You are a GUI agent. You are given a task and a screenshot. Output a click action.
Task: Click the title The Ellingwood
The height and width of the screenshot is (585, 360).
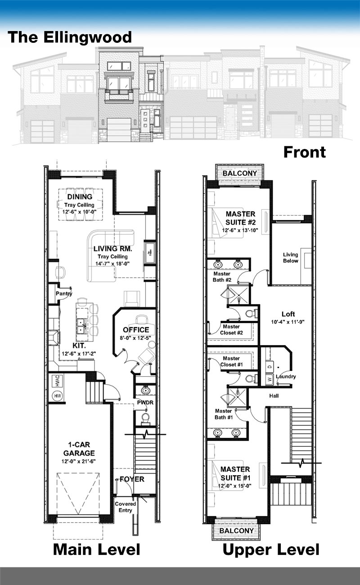click(69, 37)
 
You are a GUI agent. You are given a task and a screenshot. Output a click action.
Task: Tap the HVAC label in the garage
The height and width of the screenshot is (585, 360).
click(58, 381)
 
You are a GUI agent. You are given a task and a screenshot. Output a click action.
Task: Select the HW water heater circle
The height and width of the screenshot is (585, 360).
click(58, 396)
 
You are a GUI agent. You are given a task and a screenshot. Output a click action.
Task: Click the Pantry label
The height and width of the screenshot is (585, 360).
click(64, 294)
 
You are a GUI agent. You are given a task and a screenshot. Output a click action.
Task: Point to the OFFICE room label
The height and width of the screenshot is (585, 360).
click(136, 330)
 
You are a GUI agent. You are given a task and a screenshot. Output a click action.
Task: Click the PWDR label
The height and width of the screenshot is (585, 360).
click(145, 402)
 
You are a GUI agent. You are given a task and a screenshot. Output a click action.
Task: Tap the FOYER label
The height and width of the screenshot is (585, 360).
click(132, 479)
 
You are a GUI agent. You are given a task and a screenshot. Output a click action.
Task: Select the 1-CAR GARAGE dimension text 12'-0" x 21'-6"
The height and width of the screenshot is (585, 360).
click(79, 461)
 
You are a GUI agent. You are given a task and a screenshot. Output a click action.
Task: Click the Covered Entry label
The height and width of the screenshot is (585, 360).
click(126, 507)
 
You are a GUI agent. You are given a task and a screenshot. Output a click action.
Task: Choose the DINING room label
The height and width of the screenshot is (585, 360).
click(80, 197)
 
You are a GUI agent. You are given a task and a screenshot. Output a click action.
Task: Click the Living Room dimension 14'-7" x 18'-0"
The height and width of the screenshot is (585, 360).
click(112, 264)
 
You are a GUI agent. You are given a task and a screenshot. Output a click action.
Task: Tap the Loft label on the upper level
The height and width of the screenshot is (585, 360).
click(288, 314)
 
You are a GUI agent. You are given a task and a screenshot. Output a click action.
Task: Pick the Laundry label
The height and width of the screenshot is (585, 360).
click(286, 377)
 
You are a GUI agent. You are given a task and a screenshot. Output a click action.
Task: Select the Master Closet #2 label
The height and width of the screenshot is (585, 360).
click(231, 329)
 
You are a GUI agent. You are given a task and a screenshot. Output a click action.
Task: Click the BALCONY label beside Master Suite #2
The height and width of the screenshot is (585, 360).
click(240, 173)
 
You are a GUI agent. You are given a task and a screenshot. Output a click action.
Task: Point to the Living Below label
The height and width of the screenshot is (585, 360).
click(291, 257)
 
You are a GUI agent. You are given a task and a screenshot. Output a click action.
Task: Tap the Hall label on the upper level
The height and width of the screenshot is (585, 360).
click(274, 396)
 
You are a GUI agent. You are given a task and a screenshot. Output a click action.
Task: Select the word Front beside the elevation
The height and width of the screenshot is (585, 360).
click(305, 152)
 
